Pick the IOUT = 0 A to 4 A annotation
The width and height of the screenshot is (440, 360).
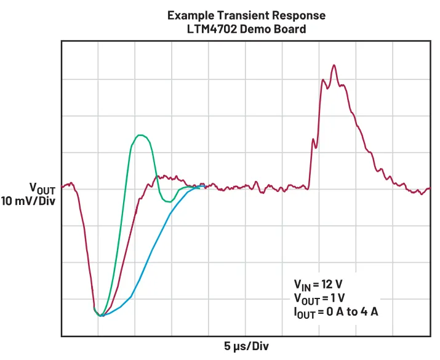point(335,312)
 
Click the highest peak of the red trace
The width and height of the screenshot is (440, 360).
point(334,65)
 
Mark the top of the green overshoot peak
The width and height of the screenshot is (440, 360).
point(142,135)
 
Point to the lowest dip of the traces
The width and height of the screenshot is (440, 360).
point(101,316)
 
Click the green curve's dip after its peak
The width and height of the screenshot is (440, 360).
point(167,201)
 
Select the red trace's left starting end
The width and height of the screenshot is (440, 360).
point(63,185)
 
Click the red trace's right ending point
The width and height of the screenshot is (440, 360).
point(429,188)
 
